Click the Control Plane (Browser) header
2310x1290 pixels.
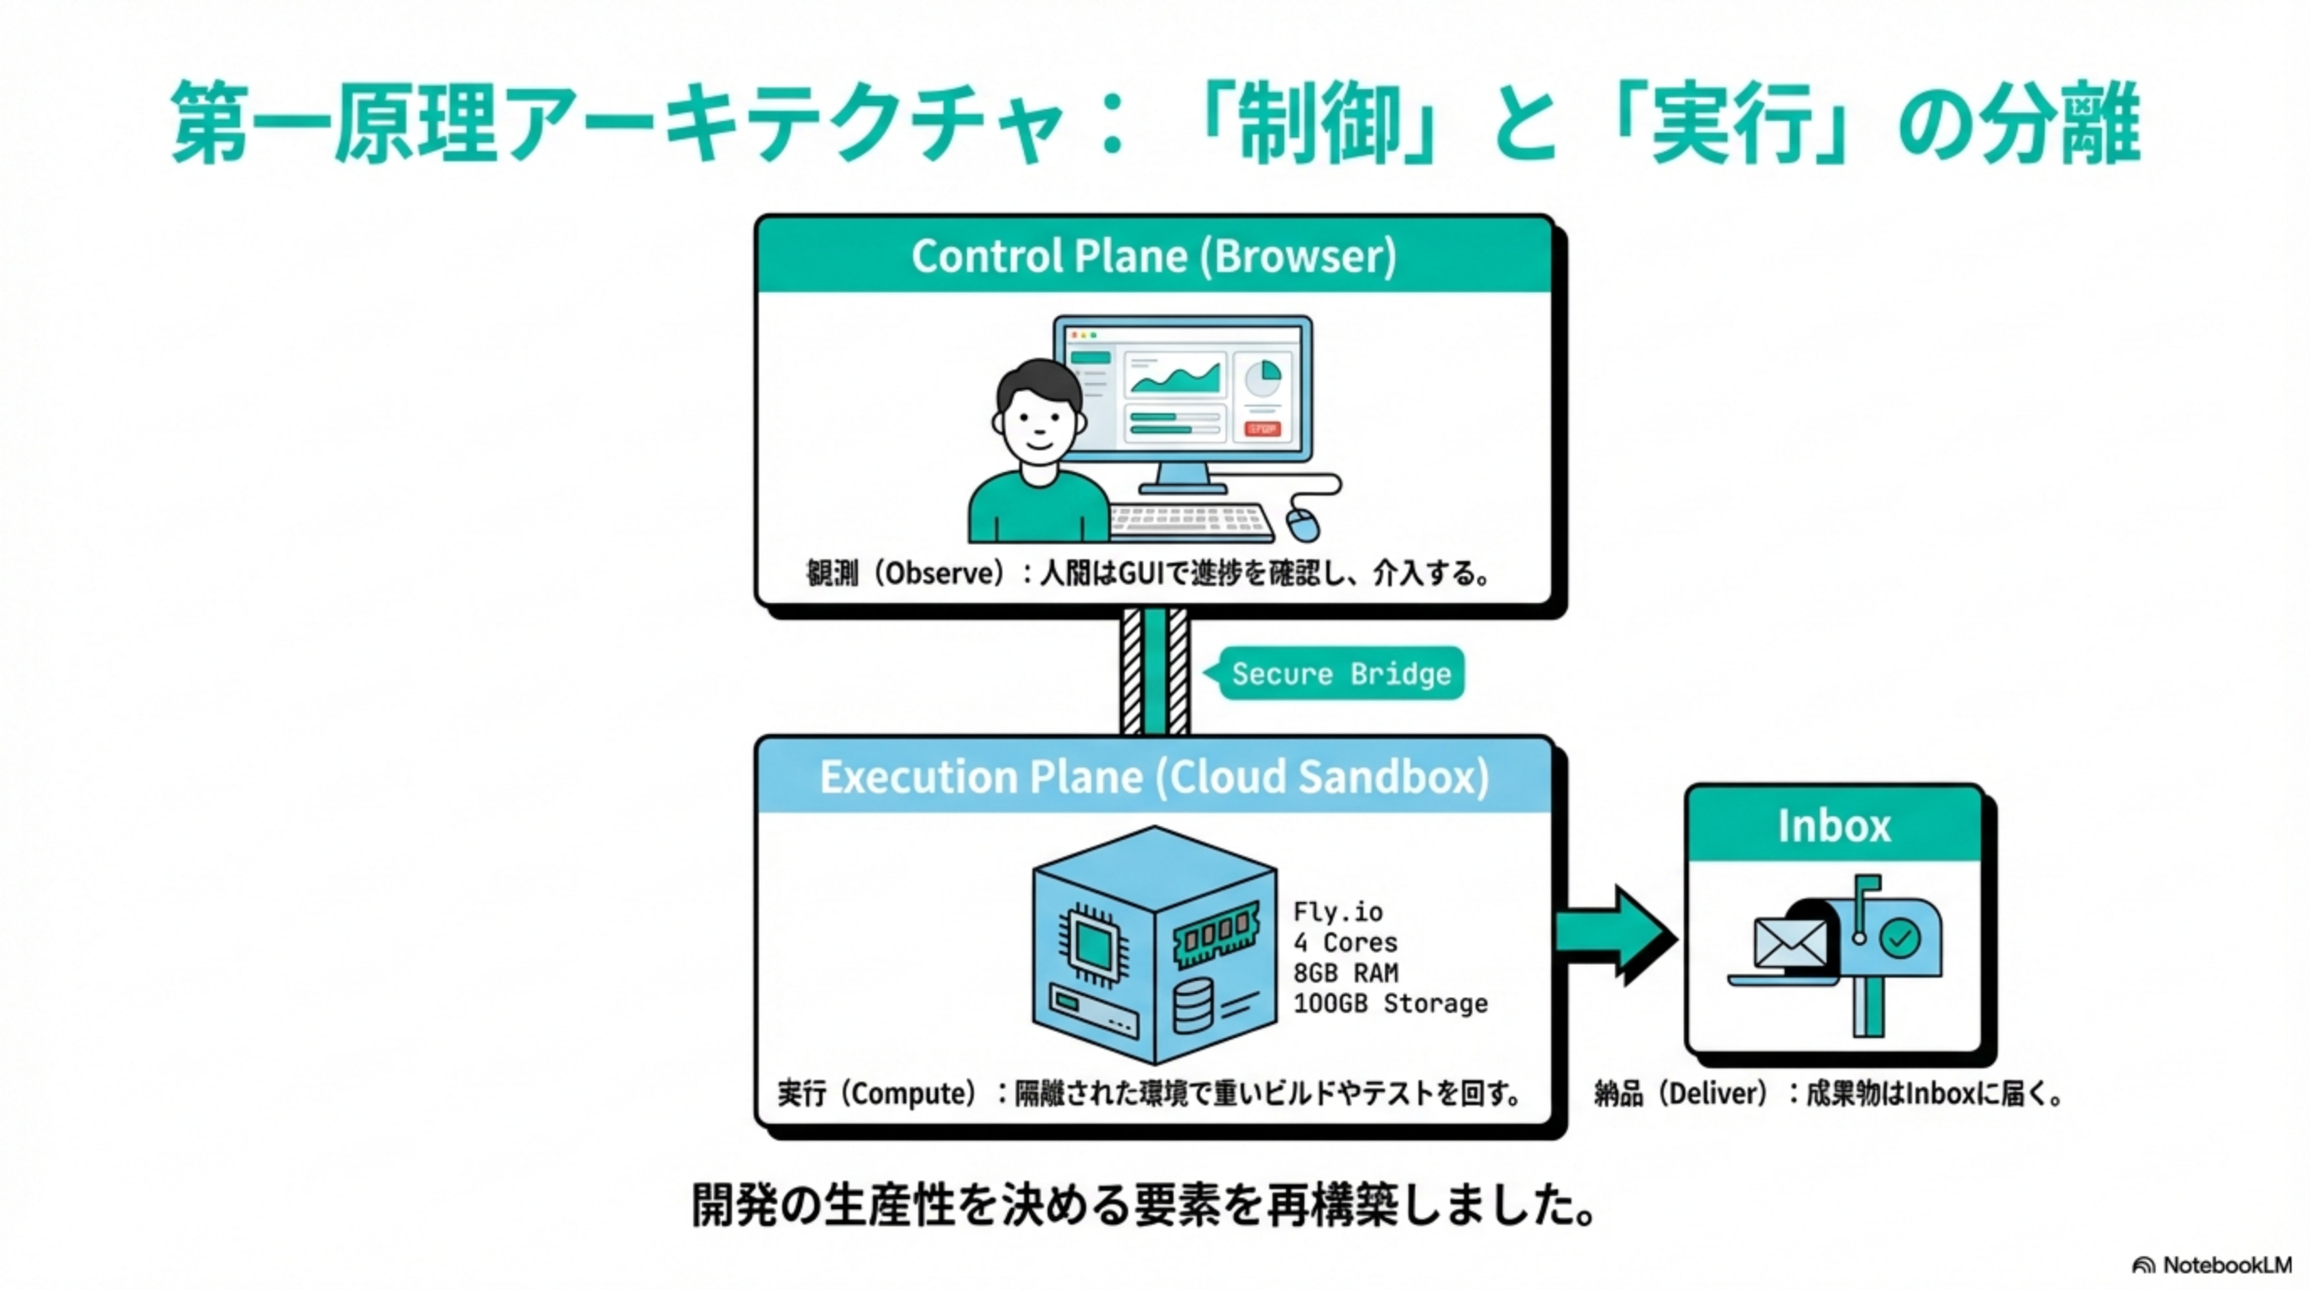click(1153, 255)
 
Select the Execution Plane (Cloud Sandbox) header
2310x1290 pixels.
click(1153, 777)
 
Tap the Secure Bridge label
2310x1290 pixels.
click(1341, 674)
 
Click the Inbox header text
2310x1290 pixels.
click(1834, 826)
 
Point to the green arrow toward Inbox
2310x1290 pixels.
click(1614, 935)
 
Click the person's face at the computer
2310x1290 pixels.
click(1038, 422)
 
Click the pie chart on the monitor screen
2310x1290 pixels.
click(1263, 376)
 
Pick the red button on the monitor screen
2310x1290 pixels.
click(1262, 430)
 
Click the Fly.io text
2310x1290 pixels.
click(1337, 912)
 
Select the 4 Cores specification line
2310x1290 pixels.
click(1344, 943)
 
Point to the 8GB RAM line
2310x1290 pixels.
click(1345, 973)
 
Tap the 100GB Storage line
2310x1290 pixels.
click(1390, 1004)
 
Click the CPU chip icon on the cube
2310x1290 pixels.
click(1092, 944)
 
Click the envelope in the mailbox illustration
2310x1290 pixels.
click(1789, 943)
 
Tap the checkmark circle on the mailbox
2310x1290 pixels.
click(1900, 939)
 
